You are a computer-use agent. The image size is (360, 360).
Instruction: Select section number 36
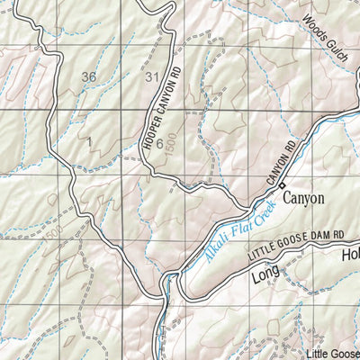pos(87,76)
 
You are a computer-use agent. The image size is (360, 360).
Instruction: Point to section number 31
pos(150,76)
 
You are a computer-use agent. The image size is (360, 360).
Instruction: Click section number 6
pos(158,143)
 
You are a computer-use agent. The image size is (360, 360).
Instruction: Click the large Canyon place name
pos(303,197)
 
